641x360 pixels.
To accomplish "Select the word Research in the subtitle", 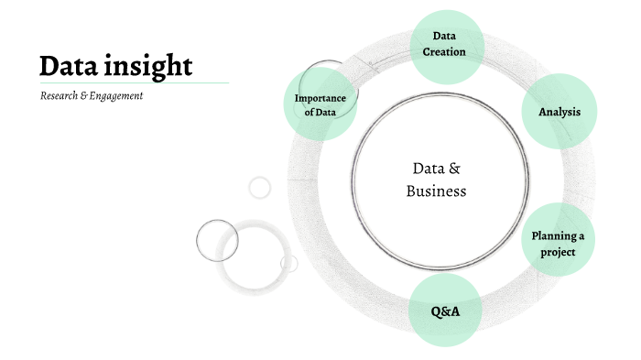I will [61, 96].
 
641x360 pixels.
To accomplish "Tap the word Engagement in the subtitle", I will [117, 96].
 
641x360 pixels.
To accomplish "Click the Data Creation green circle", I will [444, 44].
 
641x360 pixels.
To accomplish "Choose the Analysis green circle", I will [559, 112].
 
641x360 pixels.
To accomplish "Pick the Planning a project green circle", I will [558, 243].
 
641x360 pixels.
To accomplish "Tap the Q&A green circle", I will [445, 311].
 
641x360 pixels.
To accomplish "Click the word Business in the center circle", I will [437, 191].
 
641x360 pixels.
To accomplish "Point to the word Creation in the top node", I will [444, 52].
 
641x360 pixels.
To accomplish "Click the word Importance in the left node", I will [320, 98].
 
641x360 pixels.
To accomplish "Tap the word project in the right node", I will [558, 251].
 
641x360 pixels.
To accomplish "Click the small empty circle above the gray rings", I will [260, 187].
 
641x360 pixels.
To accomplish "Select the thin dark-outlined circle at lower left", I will [217, 240].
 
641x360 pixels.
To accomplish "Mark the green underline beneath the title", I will [134, 82].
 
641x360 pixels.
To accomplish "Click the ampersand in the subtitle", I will [88, 96].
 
